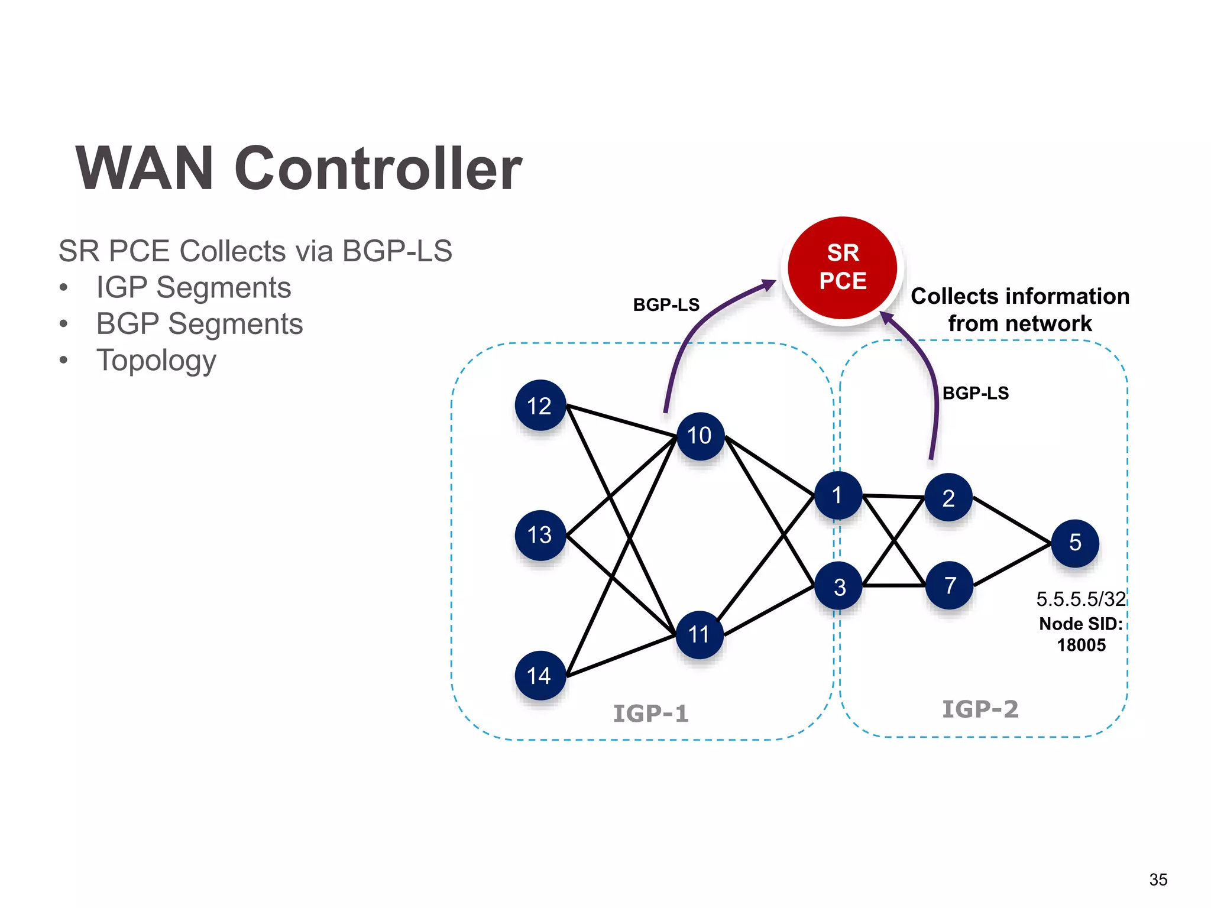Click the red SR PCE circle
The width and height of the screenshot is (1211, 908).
coord(843,268)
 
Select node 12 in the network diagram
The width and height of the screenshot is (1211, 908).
coord(540,406)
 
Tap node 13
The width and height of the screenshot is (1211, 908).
coord(540,535)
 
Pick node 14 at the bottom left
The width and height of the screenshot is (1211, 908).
coord(540,675)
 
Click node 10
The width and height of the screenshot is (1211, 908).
coord(700,436)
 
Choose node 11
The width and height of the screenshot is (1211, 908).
coord(700,635)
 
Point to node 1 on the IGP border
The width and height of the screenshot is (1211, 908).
coord(838,495)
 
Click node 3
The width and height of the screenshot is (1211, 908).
coord(838,586)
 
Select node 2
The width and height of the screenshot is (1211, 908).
coord(948,498)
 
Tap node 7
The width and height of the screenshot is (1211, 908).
coord(950,585)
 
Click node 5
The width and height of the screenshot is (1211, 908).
coord(1075,543)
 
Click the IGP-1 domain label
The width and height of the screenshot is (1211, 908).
coord(650,714)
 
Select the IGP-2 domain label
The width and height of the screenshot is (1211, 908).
coord(980,709)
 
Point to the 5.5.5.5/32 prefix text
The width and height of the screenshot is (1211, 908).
coord(1080,599)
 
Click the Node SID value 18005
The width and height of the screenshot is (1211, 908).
coord(1082,645)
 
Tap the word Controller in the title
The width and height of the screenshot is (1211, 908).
coord(378,169)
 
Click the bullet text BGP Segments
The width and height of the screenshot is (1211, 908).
coord(199,324)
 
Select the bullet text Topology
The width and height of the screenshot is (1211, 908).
coord(156,361)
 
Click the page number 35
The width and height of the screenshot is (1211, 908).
coord(1158,880)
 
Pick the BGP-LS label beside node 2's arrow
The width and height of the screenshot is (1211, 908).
coord(975,393)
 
